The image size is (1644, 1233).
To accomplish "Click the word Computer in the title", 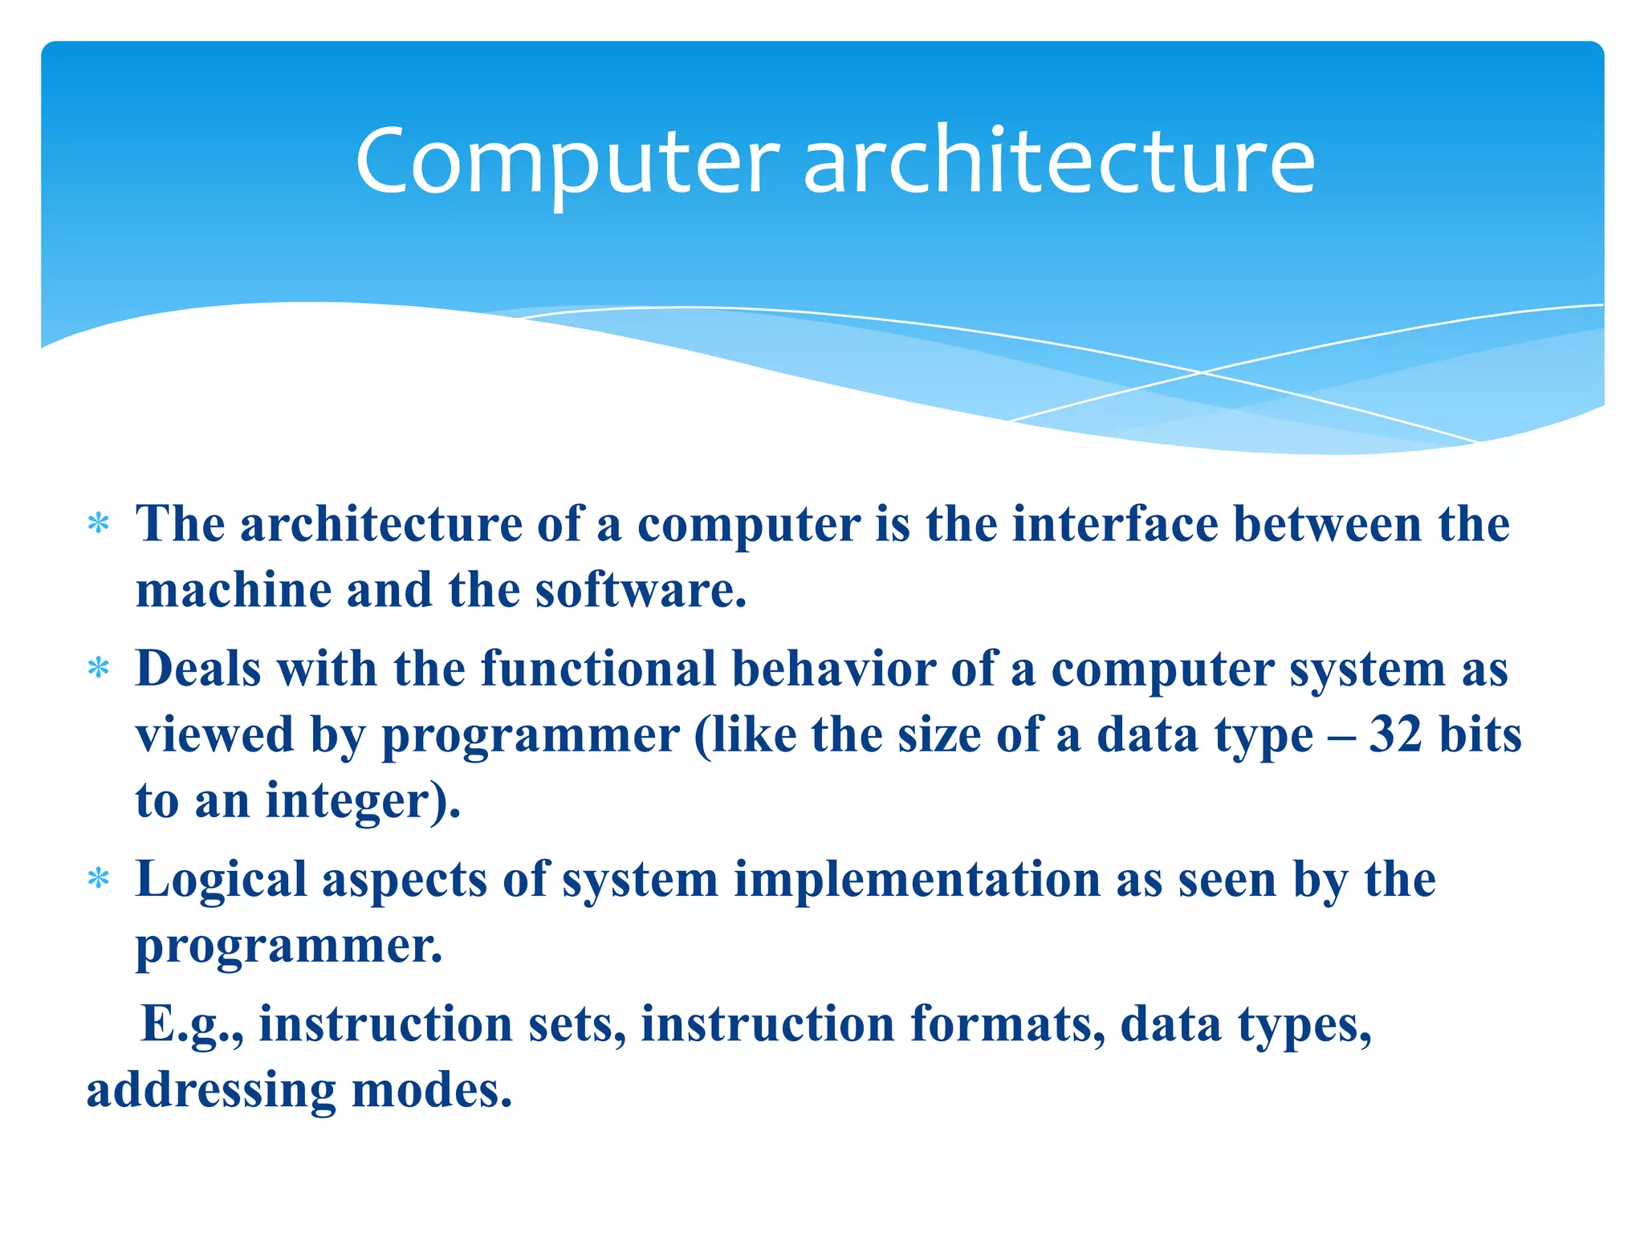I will [567, 163].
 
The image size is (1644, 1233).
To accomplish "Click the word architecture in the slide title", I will [1059, 163].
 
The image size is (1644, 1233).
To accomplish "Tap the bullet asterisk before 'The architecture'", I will [98, 525].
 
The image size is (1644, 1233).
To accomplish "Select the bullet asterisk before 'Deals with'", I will [98, 669].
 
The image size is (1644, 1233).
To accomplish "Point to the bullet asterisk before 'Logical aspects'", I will [98, 879].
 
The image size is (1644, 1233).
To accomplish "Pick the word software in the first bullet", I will [641, 590].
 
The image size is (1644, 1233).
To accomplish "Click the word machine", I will [234, 590].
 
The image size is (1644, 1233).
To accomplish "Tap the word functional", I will [598, 669].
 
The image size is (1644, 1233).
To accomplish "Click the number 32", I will [1395, 735].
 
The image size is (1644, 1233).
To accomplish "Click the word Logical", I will [222, 880].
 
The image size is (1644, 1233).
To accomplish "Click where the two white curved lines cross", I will [1202, 372].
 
